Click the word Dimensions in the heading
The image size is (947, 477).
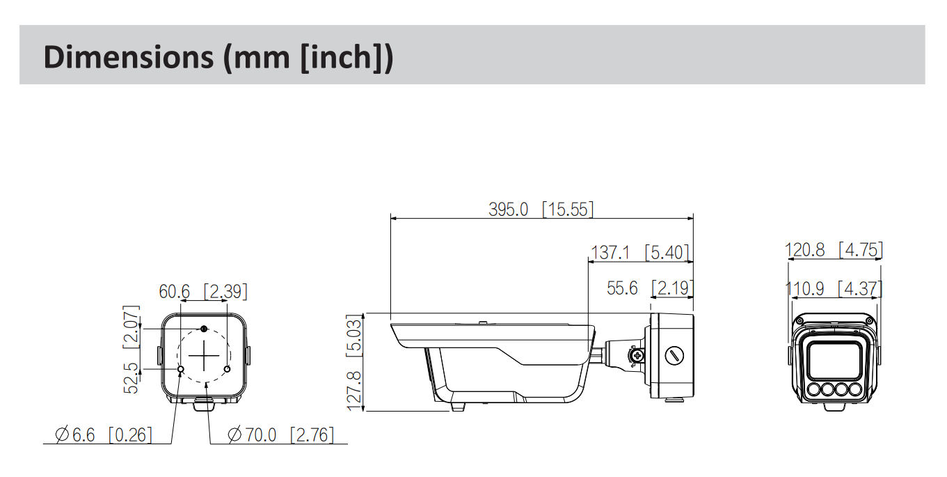tap(129, 57)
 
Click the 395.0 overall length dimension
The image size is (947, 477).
tap(509, 209)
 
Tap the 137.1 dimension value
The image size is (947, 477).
tap(610, 252)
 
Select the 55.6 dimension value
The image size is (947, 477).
tap(622, 288)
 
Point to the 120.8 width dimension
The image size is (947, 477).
tap(805, 249)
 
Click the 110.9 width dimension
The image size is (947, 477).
tap(805, 288)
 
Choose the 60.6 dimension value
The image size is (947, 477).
tap(174, 291)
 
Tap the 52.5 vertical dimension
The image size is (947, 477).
tap(132, 377)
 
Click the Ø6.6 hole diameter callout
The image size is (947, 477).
tap(75, 435)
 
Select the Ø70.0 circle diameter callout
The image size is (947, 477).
tap(252, 435)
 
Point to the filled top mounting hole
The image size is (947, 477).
tap(204, 329)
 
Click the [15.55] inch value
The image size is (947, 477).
tap(568, 209)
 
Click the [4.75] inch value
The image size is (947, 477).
tap(861, 249)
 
